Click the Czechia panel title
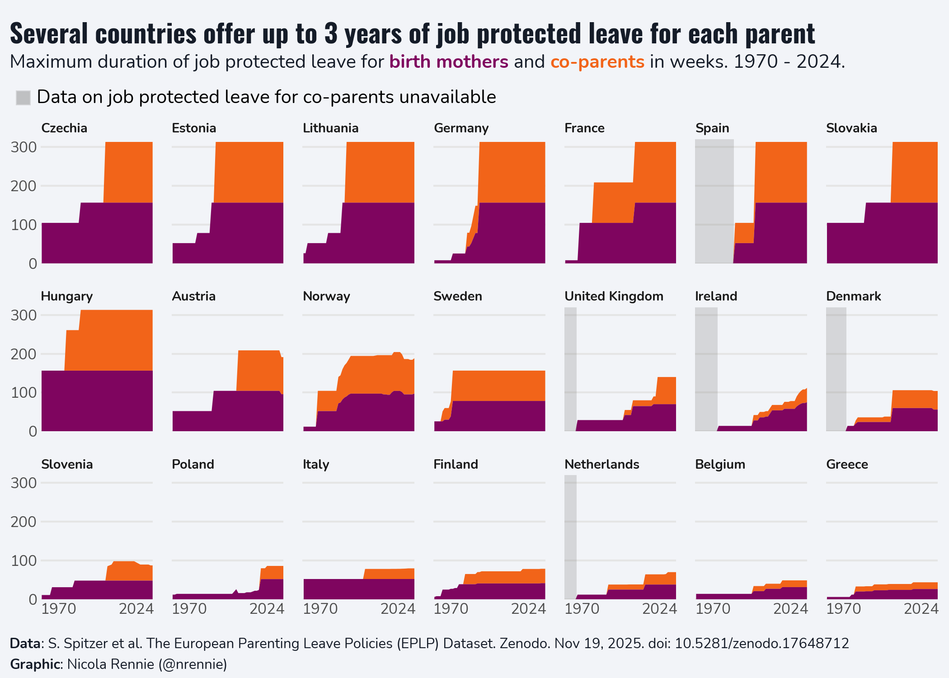click(x=64, y=128)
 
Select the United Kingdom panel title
click(x=614, y=296)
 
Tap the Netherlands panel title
click(x=601, y=464)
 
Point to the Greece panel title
click(x=847, y=464)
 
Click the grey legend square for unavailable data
click(x=23, y=97)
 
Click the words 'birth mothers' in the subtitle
click(x=449, y=61)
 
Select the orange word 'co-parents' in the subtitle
click(x=597, y=62)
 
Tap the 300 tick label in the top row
click(x=24, y=147)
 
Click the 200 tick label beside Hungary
click(x=24, y=354)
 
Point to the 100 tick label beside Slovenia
click(x=24, y=560)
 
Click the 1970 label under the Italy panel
click(x=320, y=609)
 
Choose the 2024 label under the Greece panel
click(x=921, y=609)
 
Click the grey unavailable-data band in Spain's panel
click(x=714, y=201)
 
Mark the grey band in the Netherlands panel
click(x=570, y=537)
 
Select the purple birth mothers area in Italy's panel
click(x=359, y=589)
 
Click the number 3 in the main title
click(x=331, y=34)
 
